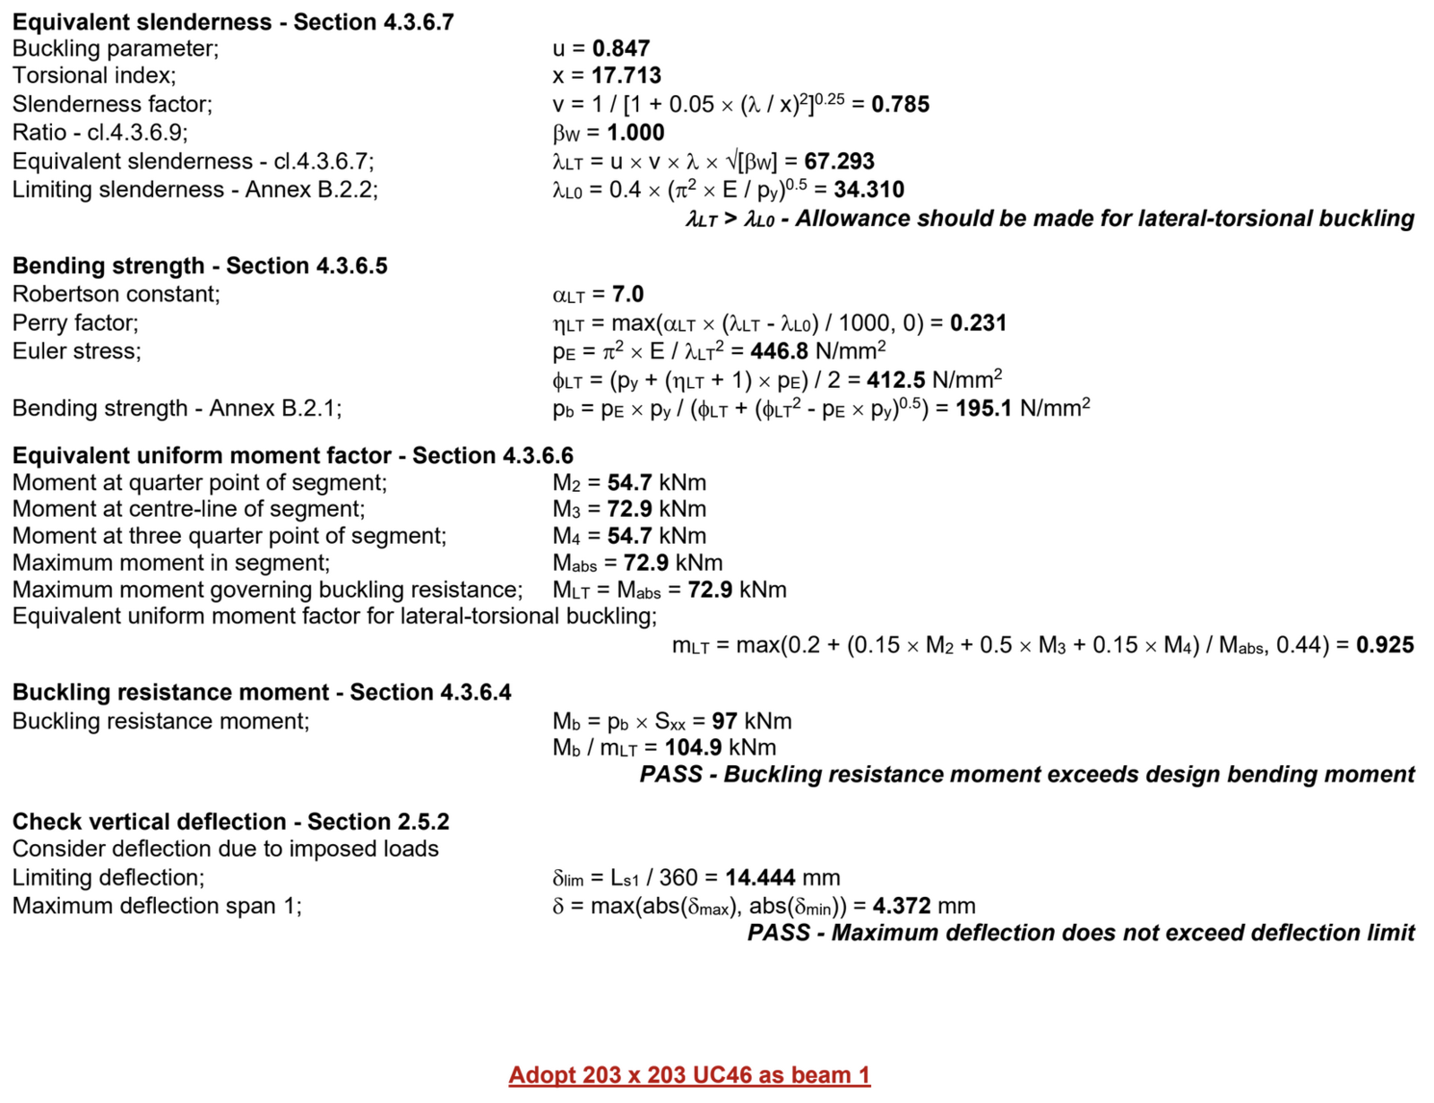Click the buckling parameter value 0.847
pos(621,48)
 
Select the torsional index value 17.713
pos(626,75)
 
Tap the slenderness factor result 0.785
pos(900,105)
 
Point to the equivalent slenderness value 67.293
pos(839,161)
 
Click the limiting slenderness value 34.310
pos(868,190)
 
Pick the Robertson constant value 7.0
pos(627,294)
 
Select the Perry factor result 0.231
pos(978,323)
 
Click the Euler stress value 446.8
pos(779,351)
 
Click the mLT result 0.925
pos(1385,645)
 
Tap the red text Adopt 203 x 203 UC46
pos(689,1074)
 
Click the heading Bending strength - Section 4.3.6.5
pos(200,266)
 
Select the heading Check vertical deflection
pos(230,822)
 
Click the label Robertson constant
pos(116,294)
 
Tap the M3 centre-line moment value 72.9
pos(629,509)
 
